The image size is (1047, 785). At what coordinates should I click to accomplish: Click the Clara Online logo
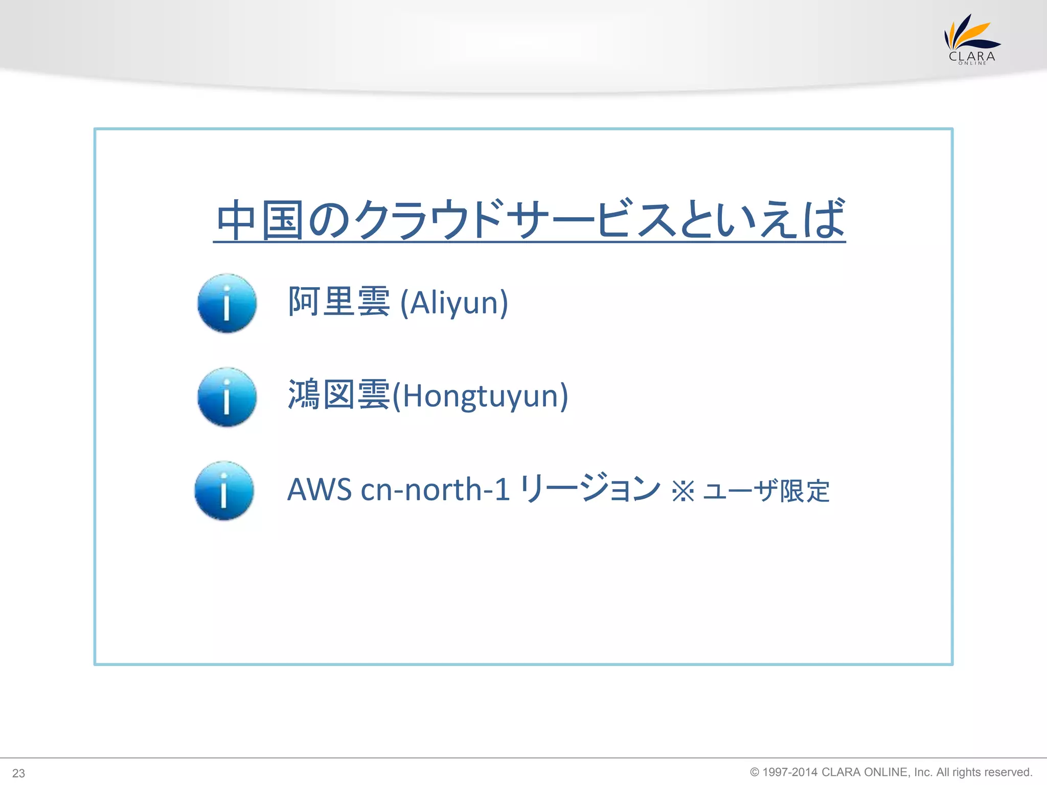click(971, 40)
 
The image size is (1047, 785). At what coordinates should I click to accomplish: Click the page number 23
click(18, 773)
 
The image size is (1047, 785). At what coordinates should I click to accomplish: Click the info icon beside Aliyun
click(227, 303)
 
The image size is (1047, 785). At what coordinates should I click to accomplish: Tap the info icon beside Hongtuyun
click(227, 397)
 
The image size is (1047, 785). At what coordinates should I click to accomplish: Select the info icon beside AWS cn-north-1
click(224, 491)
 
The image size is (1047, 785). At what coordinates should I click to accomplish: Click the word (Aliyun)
click(454, 303)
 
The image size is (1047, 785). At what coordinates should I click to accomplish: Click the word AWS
click(320, 490)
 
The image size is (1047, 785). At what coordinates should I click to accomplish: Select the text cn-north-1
click(435, 490)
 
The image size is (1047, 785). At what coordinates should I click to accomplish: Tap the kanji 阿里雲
click(339, 302)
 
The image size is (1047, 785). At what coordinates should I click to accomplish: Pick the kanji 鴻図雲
click(339, 395)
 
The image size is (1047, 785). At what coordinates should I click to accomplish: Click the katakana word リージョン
click(590, 489)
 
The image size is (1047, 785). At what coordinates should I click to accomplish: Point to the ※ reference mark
click(683, 491)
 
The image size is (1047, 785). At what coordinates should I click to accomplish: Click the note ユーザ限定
click(766, 491)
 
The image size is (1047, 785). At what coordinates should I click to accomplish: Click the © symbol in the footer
click(755, 772)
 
